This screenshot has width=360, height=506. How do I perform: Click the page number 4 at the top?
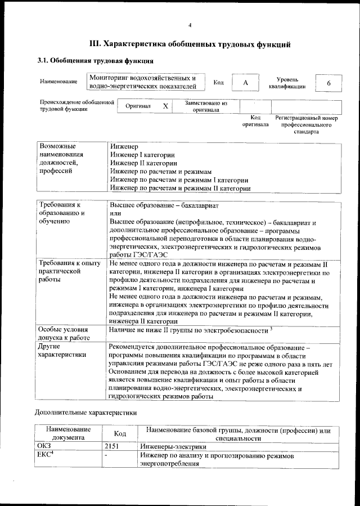pos(190,25)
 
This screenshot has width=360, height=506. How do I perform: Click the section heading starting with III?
pos(190,43)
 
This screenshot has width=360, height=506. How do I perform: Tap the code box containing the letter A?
pos(245,82)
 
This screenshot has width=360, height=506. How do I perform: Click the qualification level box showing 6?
pos(328,82)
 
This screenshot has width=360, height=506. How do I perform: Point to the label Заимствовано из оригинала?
pos(206,107)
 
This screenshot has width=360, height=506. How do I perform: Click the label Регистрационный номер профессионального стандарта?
pos(306,125)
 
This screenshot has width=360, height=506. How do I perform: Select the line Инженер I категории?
pos(142,154)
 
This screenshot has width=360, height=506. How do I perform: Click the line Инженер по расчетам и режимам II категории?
pos(180,188)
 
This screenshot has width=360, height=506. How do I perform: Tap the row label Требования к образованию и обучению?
pos(62,213)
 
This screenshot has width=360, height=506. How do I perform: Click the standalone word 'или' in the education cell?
pos(115,214)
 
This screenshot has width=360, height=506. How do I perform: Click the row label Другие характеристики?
pos(61,351)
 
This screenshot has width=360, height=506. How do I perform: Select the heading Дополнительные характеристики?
pos(85,412)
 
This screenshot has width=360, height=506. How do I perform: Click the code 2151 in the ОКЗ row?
pos(112,446)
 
